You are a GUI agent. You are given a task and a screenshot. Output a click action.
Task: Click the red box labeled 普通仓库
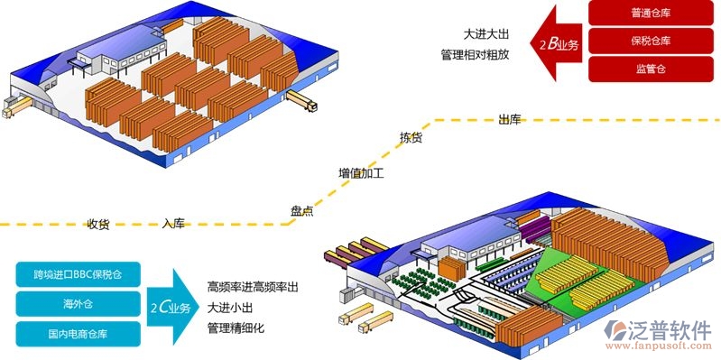(x=644, y=14)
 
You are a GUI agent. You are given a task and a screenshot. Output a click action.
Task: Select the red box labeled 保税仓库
(x=644, y=41)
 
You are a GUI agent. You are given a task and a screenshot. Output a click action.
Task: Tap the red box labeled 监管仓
(x=644, y=69)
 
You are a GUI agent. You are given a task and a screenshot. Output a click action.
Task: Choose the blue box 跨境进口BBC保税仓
(x=77, y=272)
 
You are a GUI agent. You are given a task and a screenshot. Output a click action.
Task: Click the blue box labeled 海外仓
(x=77, y=303)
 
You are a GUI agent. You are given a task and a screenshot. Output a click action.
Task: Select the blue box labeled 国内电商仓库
(x=77, y=334)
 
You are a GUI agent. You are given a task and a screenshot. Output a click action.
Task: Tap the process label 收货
(x=98, y=224)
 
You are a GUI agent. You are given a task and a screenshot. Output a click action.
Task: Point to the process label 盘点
(x=301, y=210)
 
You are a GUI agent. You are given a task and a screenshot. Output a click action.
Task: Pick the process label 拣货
(x=411, y=138)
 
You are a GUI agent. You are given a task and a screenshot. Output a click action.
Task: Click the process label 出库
(x=510, y=119)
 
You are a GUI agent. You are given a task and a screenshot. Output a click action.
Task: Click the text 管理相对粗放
(x=475, y=55)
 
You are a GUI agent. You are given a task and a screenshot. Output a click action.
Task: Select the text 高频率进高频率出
(x=253, y=286)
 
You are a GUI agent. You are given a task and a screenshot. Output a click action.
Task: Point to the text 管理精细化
(x=236, y=328)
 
